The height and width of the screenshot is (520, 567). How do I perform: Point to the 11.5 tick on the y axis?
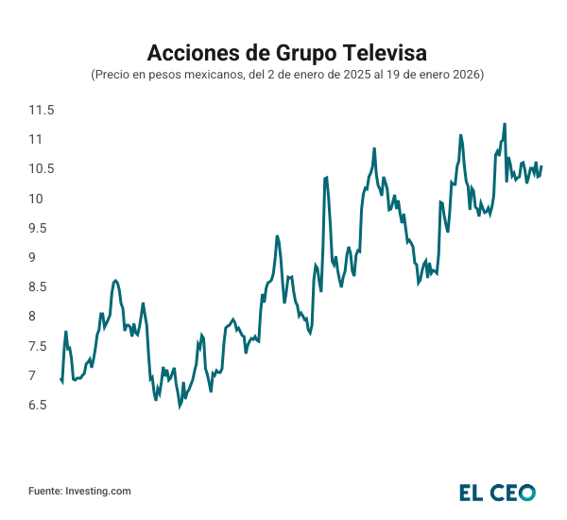(x=41, y=110)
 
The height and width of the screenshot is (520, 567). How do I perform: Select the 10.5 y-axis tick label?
(x=41, y=169)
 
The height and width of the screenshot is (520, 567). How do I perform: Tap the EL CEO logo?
(x=497, y=492)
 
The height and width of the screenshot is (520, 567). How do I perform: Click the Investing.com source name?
(x=98, y=492)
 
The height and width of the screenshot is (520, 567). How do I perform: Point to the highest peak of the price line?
(x=505, y=124)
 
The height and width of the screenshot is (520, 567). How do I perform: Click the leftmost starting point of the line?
(x=60, y=379)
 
